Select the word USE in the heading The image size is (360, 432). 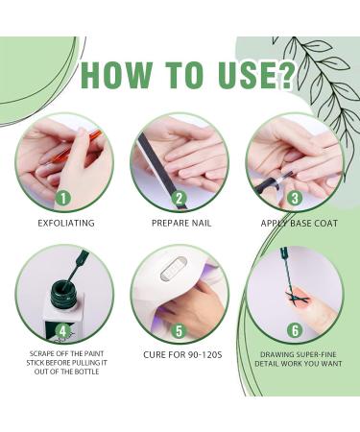tap(244, 75)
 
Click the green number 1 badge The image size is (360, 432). tap(63, 199)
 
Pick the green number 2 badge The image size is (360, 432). tap(180, 199)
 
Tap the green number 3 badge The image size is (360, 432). tap(295, 199)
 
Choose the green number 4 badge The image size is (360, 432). tap(63, 331)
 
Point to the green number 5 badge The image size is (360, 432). tap(180, 331)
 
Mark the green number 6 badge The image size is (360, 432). tap(295, 331)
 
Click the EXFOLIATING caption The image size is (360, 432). tap(66, 223)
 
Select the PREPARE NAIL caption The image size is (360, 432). tap(181, 223)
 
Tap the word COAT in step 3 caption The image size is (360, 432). tap(325, 223)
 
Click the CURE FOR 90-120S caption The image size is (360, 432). tap(182, 355)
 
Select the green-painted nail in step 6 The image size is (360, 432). tap(298, 296)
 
